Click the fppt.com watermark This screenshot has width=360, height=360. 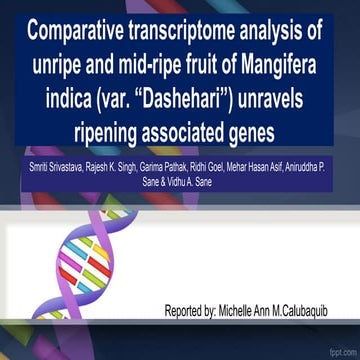[x=342, y=353]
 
